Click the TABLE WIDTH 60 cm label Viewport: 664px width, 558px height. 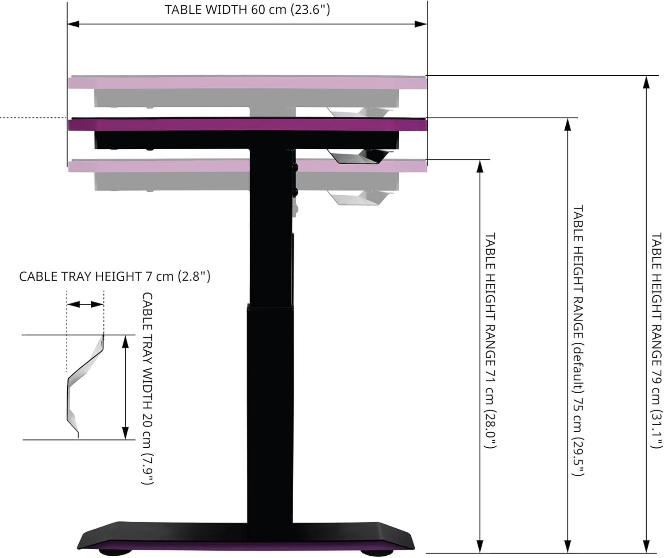(x=247, y=10)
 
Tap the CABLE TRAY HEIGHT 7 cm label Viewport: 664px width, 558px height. (x=115, y=277)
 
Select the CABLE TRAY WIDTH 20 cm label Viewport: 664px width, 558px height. (x=147, y=388)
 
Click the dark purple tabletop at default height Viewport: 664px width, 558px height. (x=248, y=125)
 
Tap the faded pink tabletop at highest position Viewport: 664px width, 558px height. (x=248, y=83)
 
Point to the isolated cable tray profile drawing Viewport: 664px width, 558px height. (x=84, y=385)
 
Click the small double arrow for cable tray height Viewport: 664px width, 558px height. (x=85, y=304)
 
